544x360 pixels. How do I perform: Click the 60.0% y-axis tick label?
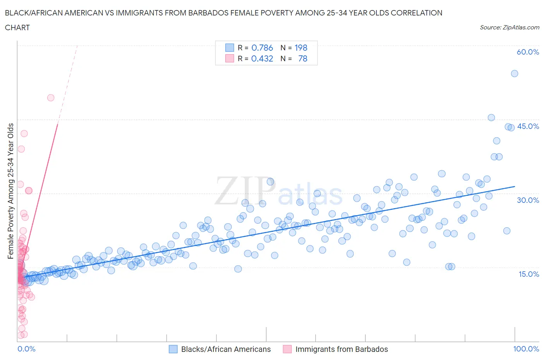point(528,52)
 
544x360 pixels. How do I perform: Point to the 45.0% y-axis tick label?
point(528,127)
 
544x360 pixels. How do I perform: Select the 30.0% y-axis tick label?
point(528,200)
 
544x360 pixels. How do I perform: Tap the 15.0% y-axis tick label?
point(528,274)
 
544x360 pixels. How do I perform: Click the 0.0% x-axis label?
point(26,349)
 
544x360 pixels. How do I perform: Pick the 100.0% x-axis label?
point(526,349)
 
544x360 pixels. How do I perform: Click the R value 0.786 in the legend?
point(262,48)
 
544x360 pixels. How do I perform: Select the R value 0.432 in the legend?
point(262,59)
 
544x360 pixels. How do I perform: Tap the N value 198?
point(301,48)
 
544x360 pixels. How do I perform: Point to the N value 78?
point(303,59)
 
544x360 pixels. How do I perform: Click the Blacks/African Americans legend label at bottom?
point(226,349)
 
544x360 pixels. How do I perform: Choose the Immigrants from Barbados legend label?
point(341,349)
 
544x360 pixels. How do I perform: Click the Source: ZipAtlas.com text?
point(509,27)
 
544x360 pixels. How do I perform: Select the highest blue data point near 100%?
point(514,74)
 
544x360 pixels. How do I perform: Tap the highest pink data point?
point(51,98)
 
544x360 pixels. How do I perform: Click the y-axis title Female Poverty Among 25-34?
point(11,191)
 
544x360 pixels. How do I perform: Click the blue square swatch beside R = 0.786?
point(229,48)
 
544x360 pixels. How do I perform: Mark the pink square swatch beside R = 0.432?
point(229,59)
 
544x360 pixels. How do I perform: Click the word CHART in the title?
point(17,27)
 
